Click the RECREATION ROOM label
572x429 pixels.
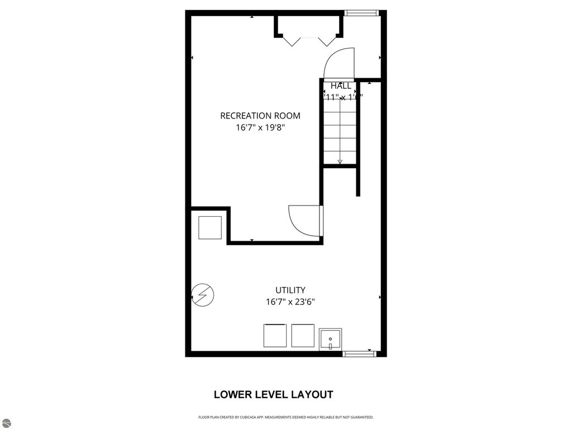260,116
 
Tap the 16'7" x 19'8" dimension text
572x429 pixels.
260,127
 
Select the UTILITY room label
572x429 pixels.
290,290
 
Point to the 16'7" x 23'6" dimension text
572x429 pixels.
290,302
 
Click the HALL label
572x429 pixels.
341,86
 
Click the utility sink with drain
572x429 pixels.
331,339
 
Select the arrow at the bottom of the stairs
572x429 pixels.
340,161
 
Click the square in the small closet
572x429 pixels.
210,227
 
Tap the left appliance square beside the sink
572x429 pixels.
275,335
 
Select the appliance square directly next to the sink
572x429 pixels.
303,335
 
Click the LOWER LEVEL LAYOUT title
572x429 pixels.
273,394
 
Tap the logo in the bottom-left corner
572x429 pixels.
6,423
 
